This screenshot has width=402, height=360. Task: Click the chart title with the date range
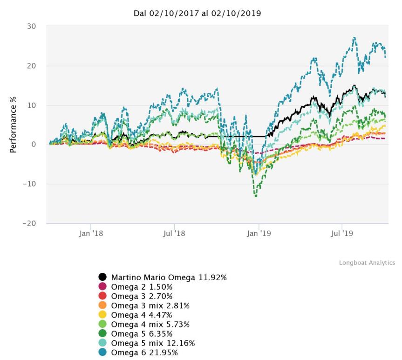click(x=197, y=14)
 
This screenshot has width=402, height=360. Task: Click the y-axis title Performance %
click(x=14, y=124)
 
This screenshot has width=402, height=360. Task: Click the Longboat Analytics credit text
click(x=367, y=263)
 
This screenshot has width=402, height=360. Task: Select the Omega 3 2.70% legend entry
click(x=142, y=296)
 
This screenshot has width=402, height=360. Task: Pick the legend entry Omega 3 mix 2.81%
click(x=150, y=305)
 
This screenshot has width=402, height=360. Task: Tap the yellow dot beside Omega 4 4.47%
click(x=102, y=315)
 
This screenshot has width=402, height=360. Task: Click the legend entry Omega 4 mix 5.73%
click(x=150, y=325)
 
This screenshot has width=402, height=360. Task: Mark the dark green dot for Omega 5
click(x=102, y=334)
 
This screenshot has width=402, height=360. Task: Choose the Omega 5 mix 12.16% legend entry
click(x=152, y=343)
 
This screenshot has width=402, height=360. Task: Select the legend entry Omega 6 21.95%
click(x=144, y=353)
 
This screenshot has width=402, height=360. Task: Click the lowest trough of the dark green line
click(x=256, y=196)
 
